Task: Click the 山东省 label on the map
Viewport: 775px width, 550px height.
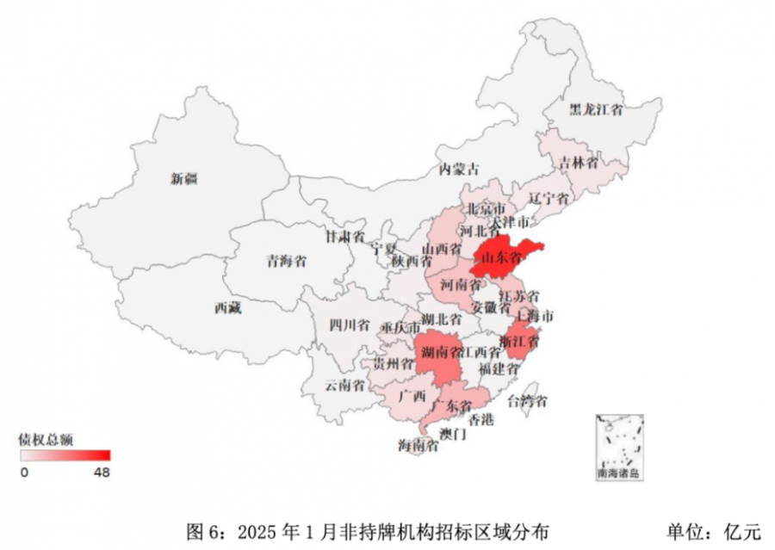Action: (x=501, y=256)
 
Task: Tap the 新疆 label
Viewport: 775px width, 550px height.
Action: (x=183, y=179)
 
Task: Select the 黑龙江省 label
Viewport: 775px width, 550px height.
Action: (x=596, y=110)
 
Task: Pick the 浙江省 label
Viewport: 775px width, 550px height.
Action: (x=519, y=342)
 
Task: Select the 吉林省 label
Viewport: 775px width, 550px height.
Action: (x=578, y=163)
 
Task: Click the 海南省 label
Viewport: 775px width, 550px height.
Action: (x=417, y=444)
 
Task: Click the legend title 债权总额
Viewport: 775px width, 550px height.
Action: (x=46, y=439)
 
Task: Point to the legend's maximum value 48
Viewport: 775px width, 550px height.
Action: (x=102, y=472)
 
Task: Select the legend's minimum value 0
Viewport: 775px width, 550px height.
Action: (x=25, y=472)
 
